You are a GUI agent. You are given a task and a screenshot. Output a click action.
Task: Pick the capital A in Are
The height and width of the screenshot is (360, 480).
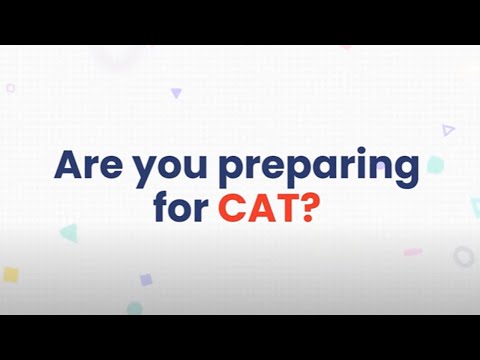click(71, 165)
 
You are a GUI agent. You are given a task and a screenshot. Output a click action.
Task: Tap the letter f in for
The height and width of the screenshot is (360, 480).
click(160, 209)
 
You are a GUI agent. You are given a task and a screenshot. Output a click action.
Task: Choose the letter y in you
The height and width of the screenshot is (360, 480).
click(144, 172)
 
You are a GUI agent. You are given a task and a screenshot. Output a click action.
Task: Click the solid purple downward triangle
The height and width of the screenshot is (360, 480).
click(176, 93)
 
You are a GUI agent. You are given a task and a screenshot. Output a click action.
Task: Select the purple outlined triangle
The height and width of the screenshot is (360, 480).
click(448, 129)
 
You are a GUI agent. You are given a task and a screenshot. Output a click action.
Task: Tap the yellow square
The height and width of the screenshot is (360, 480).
click(10, 273)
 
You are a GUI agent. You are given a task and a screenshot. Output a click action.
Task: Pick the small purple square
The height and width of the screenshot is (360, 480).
click(146, 280)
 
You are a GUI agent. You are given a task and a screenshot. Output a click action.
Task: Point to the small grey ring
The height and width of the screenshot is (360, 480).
click(463, 257)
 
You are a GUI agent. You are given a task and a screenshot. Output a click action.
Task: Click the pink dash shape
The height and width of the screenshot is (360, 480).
click(413, 252)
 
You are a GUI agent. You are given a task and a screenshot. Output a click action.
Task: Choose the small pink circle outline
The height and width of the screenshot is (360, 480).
click(11, 88)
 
